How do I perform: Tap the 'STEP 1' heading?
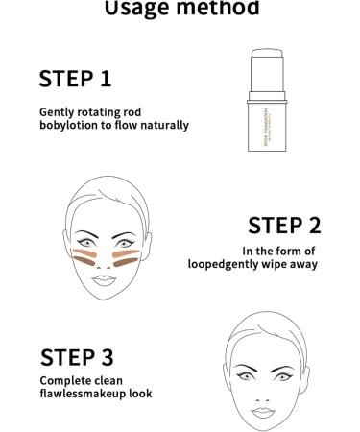[83, 77]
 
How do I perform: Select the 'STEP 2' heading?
[284, 226]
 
